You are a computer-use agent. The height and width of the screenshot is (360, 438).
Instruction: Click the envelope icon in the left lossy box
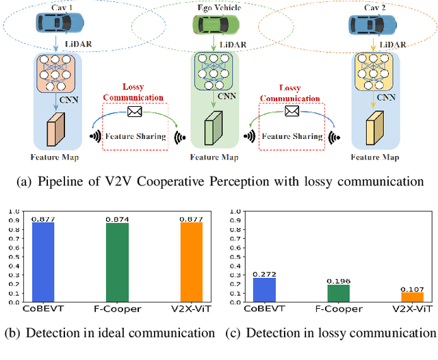click(134, 111)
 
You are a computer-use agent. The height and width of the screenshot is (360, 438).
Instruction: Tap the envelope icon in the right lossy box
click(292, 111)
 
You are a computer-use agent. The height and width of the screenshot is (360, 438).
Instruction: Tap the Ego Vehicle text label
click(214, 8)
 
